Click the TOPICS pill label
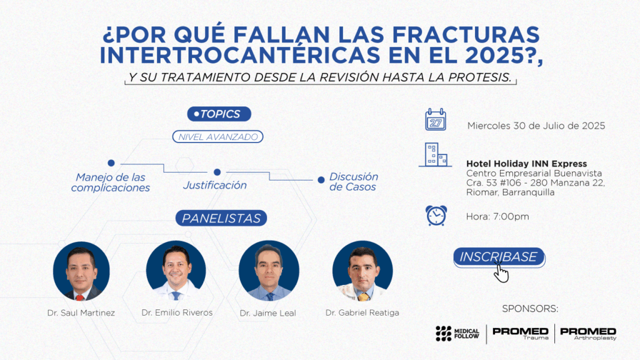point(219,114)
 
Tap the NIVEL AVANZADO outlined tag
point(218,137)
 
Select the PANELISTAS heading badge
point(221,218)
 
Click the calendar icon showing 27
point(436,119)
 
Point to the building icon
point(436,155)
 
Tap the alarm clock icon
point(436,216)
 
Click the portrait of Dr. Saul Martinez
point(81,271)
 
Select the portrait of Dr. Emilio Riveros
point(176,271)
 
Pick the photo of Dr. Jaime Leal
point(269,271)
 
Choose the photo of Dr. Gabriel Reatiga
point(362,271)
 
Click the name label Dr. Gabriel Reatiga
point(362,312)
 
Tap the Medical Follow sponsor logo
point(457,334)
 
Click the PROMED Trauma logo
point(521,333)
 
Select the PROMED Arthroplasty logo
point(588,333)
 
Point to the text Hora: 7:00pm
point(497,216)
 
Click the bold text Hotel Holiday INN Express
point(526,164)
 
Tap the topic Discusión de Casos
point(354,182)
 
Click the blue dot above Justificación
point(217,172)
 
